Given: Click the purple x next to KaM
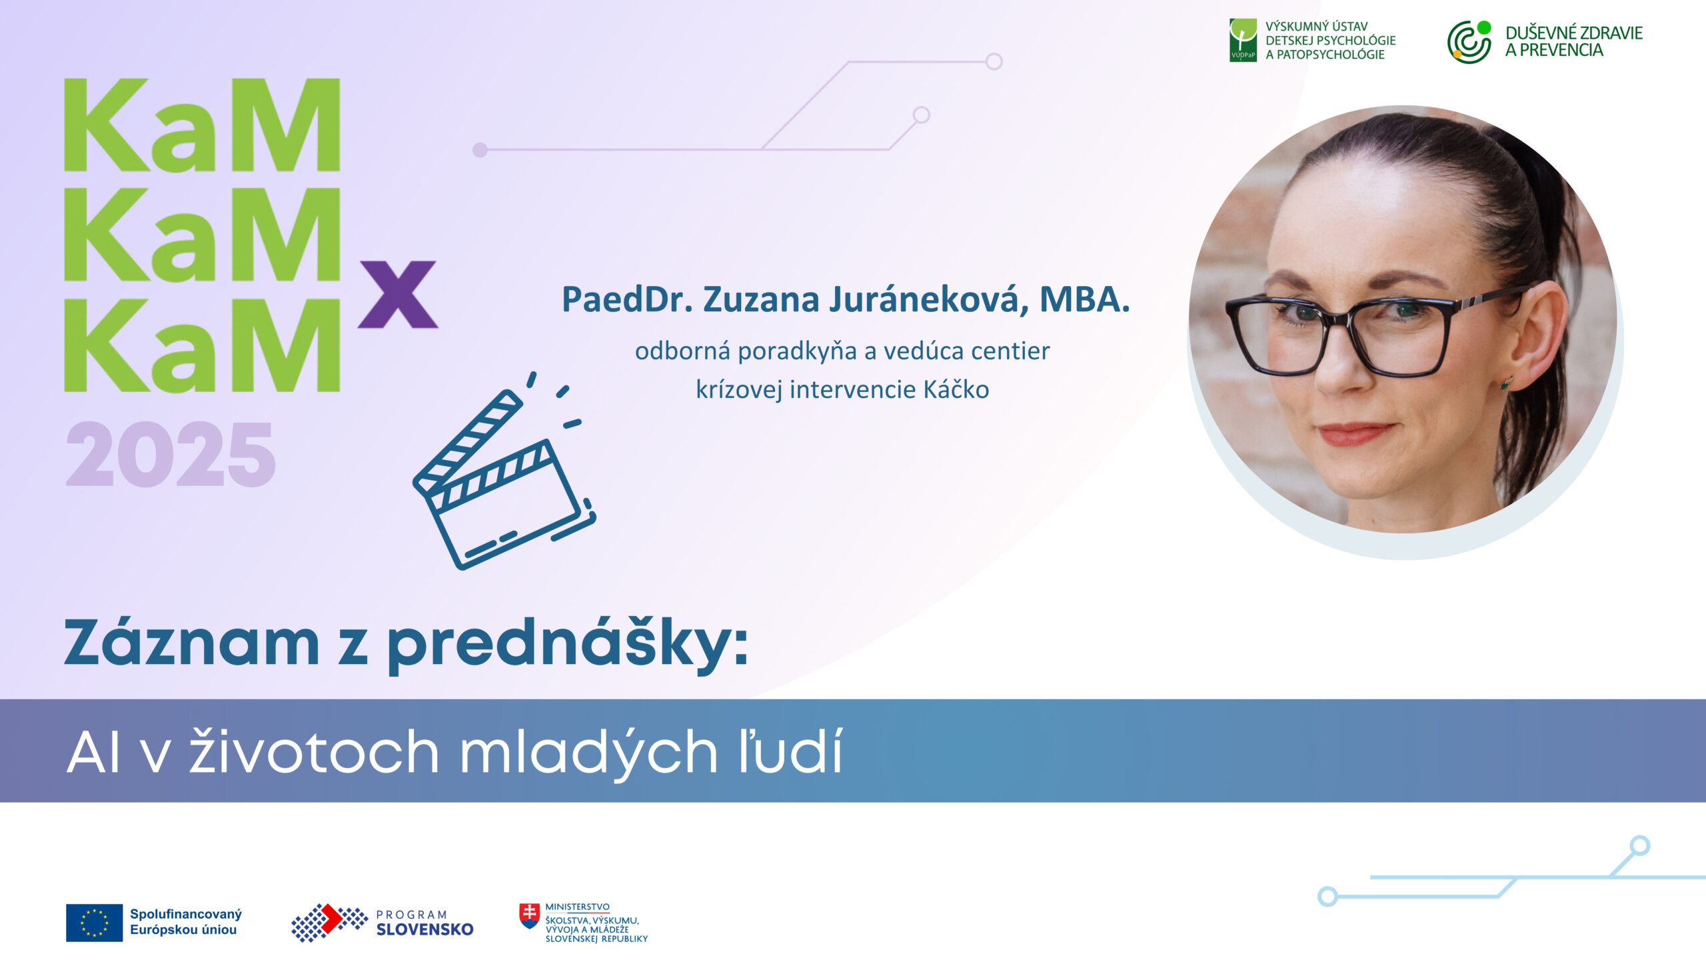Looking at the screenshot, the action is click(x=398, y=294).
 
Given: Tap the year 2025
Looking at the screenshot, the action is click(x=171, y=454).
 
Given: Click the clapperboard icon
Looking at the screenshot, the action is click(x=504, y=471).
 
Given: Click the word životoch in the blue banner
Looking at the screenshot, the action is click(x=314, y=751).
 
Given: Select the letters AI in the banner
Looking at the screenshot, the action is click(x=94, y=753).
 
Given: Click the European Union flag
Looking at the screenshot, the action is click(x=94, y=923).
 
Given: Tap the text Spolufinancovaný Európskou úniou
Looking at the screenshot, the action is click(x=186, y=922).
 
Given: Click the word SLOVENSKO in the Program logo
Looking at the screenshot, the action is click(x=425, y=929).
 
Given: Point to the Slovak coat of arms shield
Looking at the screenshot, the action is click(x=530, y=916).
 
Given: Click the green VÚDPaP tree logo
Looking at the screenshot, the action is click(x=1243, y=40).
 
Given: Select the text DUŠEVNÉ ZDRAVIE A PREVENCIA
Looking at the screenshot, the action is click(x=1573, y=41).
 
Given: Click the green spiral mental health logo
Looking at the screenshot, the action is click(x=1469, y=42).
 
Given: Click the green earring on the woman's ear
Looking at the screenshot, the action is click(x=1505, y=383).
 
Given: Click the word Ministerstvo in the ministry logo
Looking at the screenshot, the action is click(x=577, y=907).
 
